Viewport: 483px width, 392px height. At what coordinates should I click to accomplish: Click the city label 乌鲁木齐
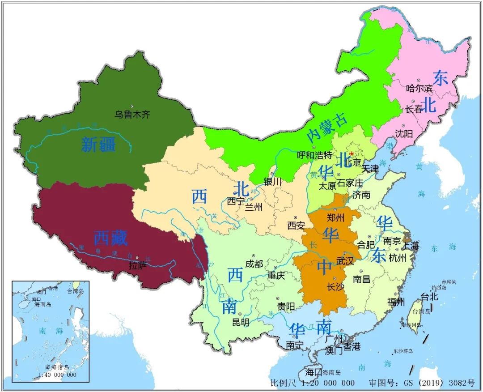132,115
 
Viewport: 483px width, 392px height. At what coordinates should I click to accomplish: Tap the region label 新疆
98,144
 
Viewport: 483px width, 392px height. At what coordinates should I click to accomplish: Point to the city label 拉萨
138,266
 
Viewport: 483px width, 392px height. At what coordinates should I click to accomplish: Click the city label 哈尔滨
419,88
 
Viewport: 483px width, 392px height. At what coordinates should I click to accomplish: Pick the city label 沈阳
404,133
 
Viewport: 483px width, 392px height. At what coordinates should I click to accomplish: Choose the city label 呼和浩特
314,155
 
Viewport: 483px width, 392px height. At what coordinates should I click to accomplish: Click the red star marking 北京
352,153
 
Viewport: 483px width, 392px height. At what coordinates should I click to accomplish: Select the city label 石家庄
350,183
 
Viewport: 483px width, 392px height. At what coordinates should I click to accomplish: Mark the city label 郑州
336,218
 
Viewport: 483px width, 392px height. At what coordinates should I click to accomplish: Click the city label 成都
254,264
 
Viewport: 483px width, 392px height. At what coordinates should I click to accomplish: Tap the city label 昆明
240,322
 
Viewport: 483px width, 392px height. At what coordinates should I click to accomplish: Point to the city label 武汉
345,260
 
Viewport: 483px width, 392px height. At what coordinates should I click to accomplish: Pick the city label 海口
314,372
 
